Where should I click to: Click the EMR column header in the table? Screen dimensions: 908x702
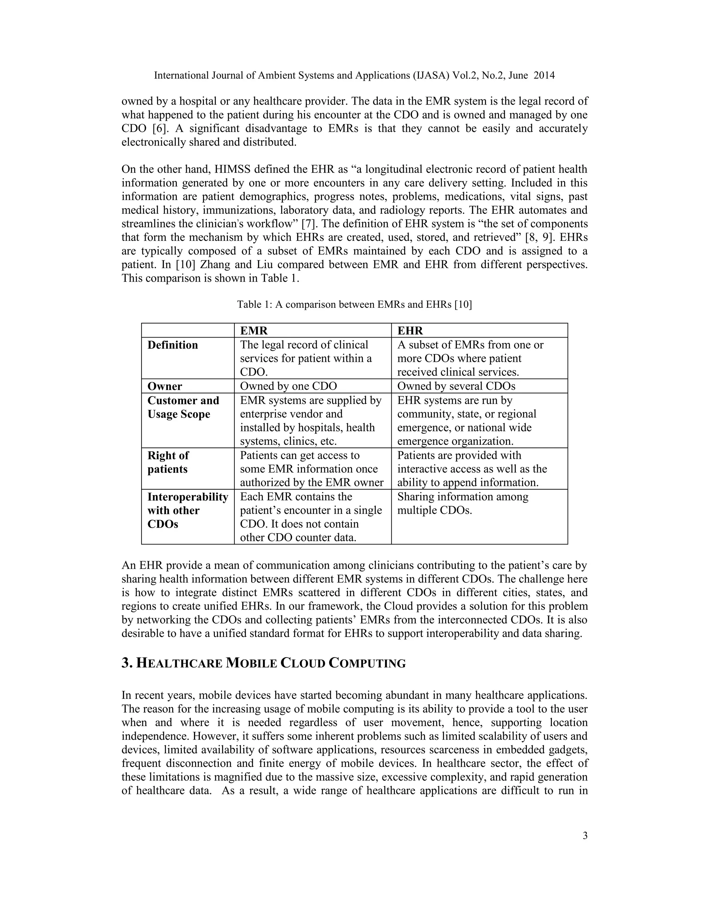(x=254, y=331)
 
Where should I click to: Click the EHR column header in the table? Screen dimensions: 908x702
(x=410, y=331)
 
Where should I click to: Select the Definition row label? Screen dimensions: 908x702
(x=173, y=345)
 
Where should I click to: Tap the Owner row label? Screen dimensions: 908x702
(x=165, y=386)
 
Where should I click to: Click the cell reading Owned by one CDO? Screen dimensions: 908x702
(x=288, y=386)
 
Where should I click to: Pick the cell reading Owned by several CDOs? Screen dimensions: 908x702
(x=456, y=386)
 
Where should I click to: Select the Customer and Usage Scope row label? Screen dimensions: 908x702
(x=183, y=407)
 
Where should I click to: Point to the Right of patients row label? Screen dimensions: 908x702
(x=168, y=462)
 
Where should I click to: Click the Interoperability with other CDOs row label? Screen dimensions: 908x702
(x=187, y=510)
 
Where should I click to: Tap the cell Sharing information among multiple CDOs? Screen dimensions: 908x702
(x=462, y=503)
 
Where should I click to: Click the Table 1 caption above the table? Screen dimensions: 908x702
(x=354, y=304)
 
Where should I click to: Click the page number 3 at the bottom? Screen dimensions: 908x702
(x=585, y=836)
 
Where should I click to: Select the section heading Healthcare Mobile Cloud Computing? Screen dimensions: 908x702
(x=264, y=663)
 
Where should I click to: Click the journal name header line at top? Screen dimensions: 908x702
(x=354, y=75)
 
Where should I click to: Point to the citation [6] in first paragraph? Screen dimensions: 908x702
(x=160, y=128)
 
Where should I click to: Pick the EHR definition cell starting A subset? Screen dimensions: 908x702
(x=470, y=358)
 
